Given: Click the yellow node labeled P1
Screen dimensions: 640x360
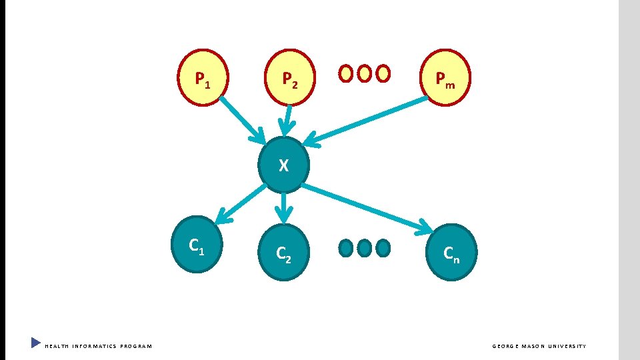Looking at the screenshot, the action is (203, 77).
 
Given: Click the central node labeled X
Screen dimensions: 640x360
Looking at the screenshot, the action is (284, 164).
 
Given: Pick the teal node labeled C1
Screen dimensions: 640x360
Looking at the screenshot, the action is (197, 244).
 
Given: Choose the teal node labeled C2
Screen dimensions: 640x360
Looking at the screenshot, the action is (284, 251).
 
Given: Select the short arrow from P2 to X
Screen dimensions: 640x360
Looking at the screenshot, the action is (287, 121).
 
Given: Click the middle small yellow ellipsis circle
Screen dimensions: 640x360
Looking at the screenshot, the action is (364, 73).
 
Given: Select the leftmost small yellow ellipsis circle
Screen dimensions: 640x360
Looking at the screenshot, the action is (346, 73).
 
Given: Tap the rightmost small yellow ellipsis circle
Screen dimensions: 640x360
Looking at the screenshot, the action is (383, 73).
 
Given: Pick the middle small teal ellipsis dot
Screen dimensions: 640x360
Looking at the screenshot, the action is (364, 248).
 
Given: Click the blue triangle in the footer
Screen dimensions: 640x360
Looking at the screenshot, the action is (35, 343).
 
